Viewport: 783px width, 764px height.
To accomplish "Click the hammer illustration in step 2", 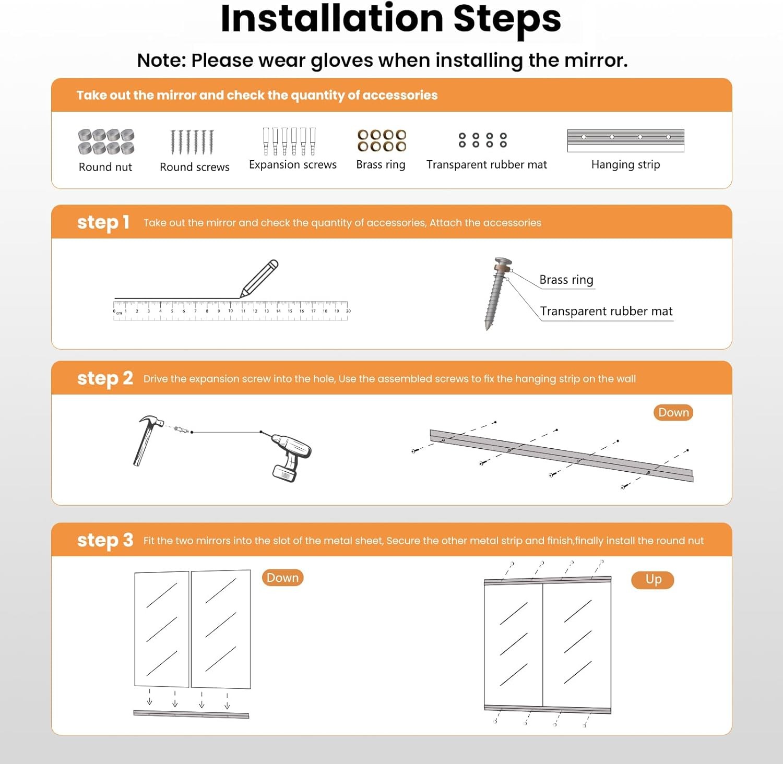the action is click(147, 438).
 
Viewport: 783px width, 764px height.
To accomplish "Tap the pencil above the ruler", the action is click(259, 279).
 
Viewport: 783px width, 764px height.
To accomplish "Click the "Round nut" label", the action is click(105, 167).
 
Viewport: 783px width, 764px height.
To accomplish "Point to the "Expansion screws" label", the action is click(293, 165).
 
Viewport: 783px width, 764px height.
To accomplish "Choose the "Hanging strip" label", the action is click(625, 165).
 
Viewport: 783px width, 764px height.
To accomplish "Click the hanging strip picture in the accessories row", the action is click(625, 140).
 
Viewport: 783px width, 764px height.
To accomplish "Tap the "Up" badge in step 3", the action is click(652, 579).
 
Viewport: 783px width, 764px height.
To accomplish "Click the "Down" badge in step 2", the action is click(673, 412).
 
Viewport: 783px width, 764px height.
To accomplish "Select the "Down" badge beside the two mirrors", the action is click(282, 578).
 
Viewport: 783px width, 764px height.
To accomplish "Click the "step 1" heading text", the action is click(103, 222).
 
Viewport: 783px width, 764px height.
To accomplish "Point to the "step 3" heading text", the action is click(105, 541).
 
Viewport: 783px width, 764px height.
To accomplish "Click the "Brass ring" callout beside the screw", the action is click(566, 280).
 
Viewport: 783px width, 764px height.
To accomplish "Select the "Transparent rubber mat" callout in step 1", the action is click(606, 311).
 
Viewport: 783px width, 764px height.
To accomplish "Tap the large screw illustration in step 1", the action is click(497, 293).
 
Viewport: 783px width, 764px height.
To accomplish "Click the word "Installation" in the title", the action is click(332, 19).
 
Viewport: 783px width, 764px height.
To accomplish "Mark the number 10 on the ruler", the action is click(230, 311).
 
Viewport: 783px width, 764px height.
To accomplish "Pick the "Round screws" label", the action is click(195, 167).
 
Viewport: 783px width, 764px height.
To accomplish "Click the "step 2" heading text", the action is click(105, 379).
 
